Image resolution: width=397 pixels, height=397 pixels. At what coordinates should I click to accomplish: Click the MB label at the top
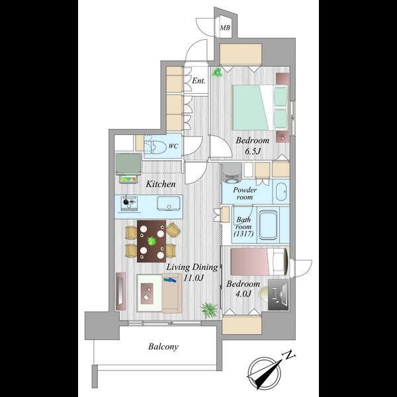pyautogui.click(x=225, y=27)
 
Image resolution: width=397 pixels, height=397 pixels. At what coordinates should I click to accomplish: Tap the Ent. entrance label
pyautogui.click(x=198, y=81)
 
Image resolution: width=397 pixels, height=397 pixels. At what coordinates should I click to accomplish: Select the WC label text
pyautogui.click(x=173, y=146)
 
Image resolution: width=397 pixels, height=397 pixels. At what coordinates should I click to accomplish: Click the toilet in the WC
pyautogui.click(x=155, y=147)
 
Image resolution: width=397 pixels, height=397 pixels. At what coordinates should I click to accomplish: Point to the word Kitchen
pyautogui.click(x=161, y=184)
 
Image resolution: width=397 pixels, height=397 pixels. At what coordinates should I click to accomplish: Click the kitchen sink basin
pyautogui.click(x=169, y=204)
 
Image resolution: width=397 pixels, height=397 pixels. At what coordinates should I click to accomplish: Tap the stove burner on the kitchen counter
pyautogui.click(x=126, y=202)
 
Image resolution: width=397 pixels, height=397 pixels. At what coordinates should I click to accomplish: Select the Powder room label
pyautogui.click(x=245, y=193)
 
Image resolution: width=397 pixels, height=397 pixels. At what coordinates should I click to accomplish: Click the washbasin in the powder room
pyautogui.click(x=281, y=192)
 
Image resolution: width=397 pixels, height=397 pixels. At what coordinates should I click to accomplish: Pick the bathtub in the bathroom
pyautogui.click(x=268, y=224)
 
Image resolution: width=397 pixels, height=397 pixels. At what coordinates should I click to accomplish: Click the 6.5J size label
pyautogui.click(x=253, y=152)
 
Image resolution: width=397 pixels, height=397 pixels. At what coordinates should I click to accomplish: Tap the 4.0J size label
pyautogui.click(x=243, y=294)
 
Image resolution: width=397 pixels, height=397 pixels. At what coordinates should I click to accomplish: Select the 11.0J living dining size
pyautogui.click(x=194, y=278)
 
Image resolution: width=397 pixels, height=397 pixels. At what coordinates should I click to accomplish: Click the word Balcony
pyautogui.click(x=163, y=347)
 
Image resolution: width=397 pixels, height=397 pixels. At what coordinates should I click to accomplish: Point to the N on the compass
pyautogui.click(x=289, y=355)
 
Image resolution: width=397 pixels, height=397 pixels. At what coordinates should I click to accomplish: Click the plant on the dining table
pyautogui.click(x=152, y=241)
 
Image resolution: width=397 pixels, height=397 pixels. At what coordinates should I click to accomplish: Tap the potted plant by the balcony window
pyautogui.click(x=209, y=310)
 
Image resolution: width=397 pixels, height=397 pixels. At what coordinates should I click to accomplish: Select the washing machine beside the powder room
pyautogui.click(x=232, y=173)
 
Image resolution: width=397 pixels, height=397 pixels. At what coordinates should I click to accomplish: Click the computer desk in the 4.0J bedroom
pyautogui.click(x=279, y=294)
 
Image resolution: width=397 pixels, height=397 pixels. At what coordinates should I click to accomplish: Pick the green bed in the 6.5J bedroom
pyautogui.click(x=260, y=108)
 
